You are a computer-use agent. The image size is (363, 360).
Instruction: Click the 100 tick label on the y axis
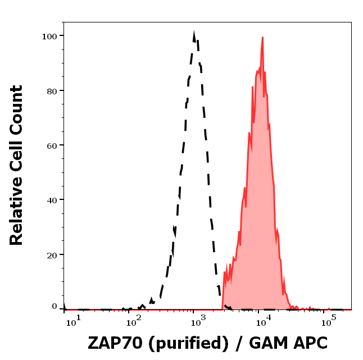point(51,36)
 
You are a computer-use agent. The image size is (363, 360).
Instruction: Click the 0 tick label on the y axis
point(55,307)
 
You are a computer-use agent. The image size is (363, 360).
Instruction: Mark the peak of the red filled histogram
point(262,38)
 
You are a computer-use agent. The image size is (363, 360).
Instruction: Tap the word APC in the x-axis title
point(307,343)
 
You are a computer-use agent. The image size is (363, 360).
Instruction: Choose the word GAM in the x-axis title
point(267,343)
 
